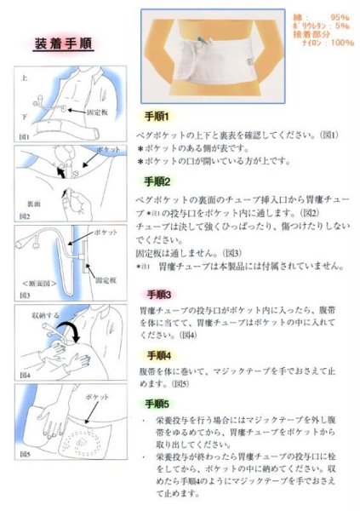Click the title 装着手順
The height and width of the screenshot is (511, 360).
click(x=65, y=43)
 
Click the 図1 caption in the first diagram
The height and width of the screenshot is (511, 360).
click(x=25, y=135)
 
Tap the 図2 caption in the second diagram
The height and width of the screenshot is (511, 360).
click(x=25, y=217)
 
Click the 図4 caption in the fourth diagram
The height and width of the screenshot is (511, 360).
click(x=25, y=374)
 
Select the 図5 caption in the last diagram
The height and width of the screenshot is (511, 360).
click(x=25, y=456)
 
